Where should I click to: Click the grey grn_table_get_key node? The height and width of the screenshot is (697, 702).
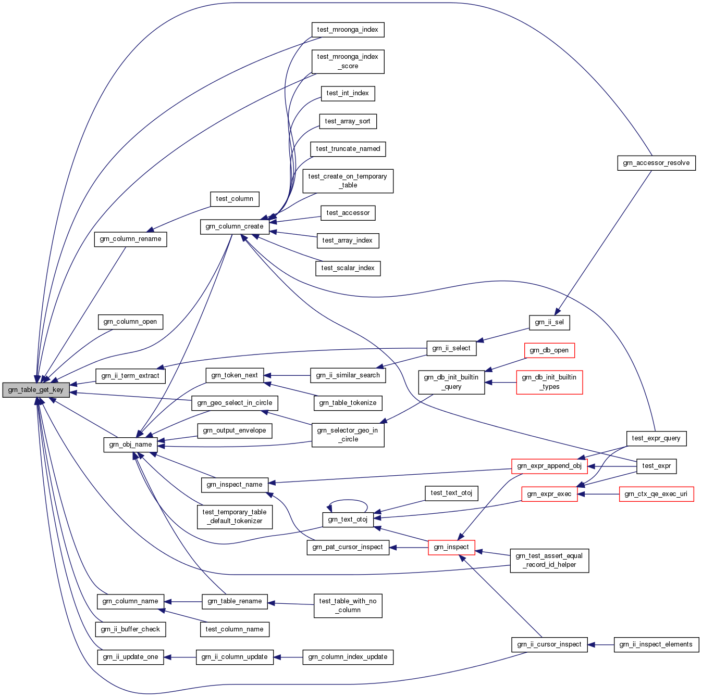[35, 390]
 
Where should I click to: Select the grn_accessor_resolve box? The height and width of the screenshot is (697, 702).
[656, 163]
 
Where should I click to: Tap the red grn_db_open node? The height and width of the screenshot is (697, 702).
[549, 350]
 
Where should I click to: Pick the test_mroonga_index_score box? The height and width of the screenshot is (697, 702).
[348, 61]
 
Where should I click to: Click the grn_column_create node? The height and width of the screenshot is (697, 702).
[235, 226]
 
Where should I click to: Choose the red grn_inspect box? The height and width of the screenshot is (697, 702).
[451, 547]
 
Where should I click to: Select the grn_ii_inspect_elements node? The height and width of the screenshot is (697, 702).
[656, 644]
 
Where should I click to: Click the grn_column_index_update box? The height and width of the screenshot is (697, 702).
[348, 657]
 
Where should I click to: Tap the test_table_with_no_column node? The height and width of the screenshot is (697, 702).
[348, 605]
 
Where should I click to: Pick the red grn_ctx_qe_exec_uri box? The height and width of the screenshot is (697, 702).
[656, 494]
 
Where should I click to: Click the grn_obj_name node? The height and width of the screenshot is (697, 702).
[130, 445]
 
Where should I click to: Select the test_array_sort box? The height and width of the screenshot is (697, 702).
[348, 121]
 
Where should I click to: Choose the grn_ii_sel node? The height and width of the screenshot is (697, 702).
[549, 322]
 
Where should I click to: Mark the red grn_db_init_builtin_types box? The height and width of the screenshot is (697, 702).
[549, 382]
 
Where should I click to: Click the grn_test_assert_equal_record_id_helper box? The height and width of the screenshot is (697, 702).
[549, 560]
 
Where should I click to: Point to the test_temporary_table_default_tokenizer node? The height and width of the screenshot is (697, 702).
[235, 516]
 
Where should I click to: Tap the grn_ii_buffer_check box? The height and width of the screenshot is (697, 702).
[130, 629]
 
